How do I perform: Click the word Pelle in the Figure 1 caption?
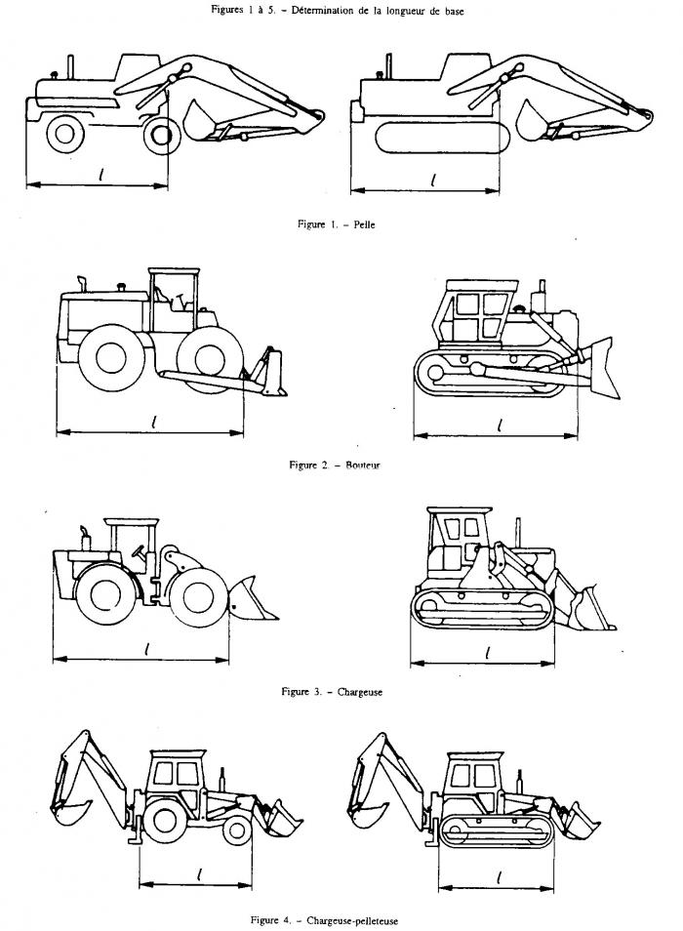click(x=364, y=224)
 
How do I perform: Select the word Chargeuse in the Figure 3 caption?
click(x=359, y=691)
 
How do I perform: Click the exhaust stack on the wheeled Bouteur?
click(x=83, y=284)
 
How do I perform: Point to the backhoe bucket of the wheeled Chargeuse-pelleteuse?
click(x=67, y=811)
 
